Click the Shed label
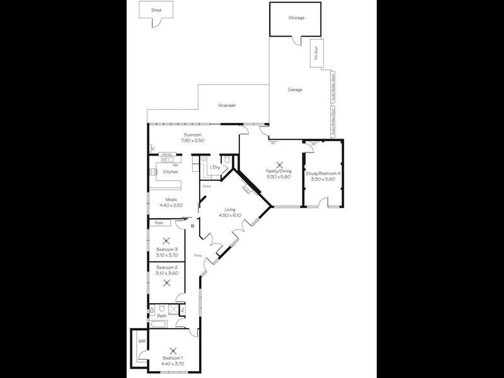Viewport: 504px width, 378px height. click(156, 11)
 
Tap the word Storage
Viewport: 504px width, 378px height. click(297, 18)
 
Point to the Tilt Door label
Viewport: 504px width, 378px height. click(316, 55)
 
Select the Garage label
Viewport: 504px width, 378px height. click(295, 89)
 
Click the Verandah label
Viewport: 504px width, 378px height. click(227, 105)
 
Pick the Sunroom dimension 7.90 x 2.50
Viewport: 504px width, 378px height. click(192, 140)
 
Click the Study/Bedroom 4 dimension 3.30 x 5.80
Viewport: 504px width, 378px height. click(323, 179)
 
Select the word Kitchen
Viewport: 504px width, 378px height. click(171, 171)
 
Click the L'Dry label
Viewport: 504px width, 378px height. click(215, 167)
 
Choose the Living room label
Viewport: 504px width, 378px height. click(227, 209)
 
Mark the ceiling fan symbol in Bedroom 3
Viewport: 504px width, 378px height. click(167, 240)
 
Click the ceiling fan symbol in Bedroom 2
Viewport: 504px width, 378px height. click(167, 282)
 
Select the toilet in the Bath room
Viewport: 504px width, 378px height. click(162, 308)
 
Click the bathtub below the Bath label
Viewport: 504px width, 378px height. click(161, 324)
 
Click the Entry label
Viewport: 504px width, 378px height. click(198, 255)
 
